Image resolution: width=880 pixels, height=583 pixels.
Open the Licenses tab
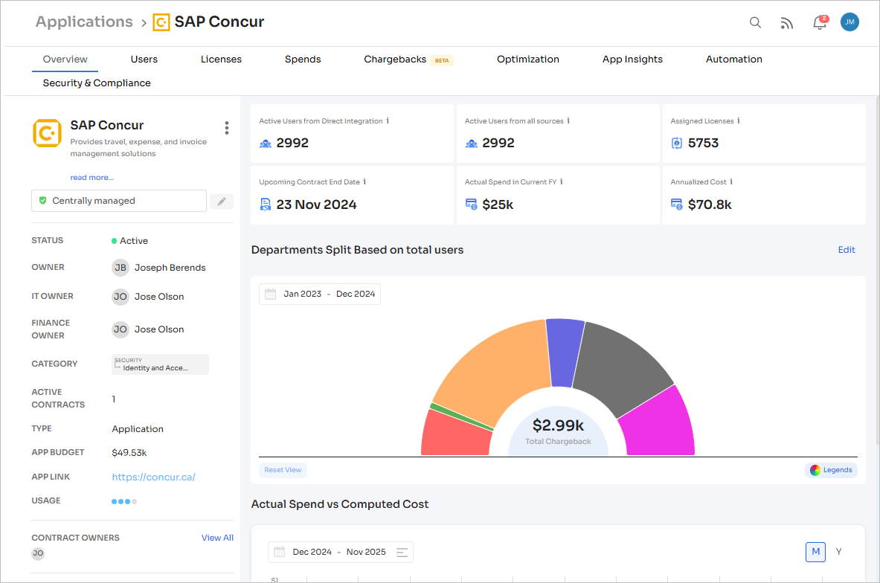[x=221, y=59]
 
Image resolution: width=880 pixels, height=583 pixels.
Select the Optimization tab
[x=527, y=59]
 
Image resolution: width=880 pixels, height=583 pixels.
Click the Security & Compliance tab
[x=97, y=83]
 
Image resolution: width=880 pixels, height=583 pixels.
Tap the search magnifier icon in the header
[x=755, y=22]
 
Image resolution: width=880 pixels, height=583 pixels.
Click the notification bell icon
[x=819, y=22]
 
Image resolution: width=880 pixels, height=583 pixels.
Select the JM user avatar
[x=850, y=22]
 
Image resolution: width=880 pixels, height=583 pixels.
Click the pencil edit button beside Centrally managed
[x=221, y=202]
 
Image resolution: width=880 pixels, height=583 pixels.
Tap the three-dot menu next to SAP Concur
[x=227, y=128]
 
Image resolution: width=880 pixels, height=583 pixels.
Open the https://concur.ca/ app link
[x=153, y=477]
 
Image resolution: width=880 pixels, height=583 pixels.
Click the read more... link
[x=92, y=178]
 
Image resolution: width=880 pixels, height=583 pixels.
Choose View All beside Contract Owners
[x=217, y=538]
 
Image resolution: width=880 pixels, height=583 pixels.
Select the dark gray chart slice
[x=617, y=364]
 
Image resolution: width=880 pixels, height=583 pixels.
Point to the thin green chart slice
[x=461, y=416]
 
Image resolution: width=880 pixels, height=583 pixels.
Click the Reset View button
[x=283, y=470]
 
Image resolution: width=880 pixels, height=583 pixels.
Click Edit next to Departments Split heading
[x=847, y=250]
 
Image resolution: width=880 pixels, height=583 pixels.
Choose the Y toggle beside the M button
[x=838, y=552]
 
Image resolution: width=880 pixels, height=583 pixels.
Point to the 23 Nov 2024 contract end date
[x=316, y=204]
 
